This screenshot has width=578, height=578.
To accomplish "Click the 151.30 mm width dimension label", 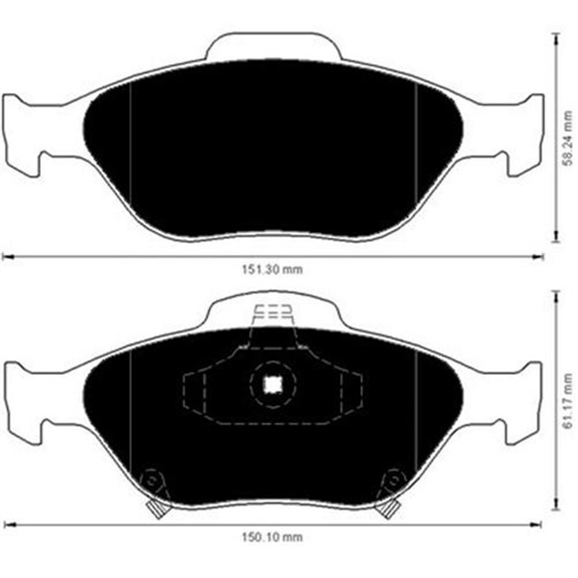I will pos(275,270).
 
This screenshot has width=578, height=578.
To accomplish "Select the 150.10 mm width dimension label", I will pos(275,539).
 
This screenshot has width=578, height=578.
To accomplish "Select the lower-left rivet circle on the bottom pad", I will pos(152,479).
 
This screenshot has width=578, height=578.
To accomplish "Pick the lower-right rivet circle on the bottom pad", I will pos(394,479).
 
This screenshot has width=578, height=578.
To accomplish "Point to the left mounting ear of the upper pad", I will pos(23,126).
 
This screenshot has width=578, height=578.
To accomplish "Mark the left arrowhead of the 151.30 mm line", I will pos(5,256).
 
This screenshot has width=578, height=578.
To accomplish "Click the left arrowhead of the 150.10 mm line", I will pos(5,524).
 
